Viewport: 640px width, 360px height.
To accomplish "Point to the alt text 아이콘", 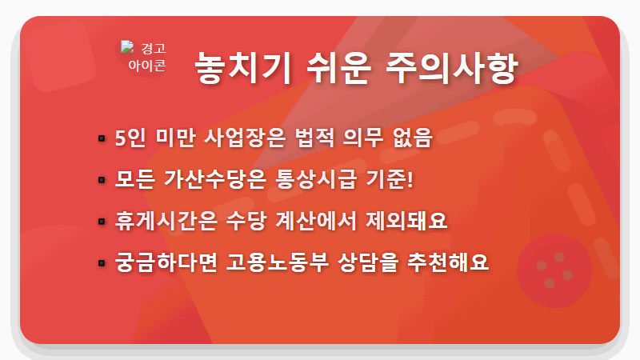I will [147, 66].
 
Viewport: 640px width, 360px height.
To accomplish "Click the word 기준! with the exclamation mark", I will [395, 179].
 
